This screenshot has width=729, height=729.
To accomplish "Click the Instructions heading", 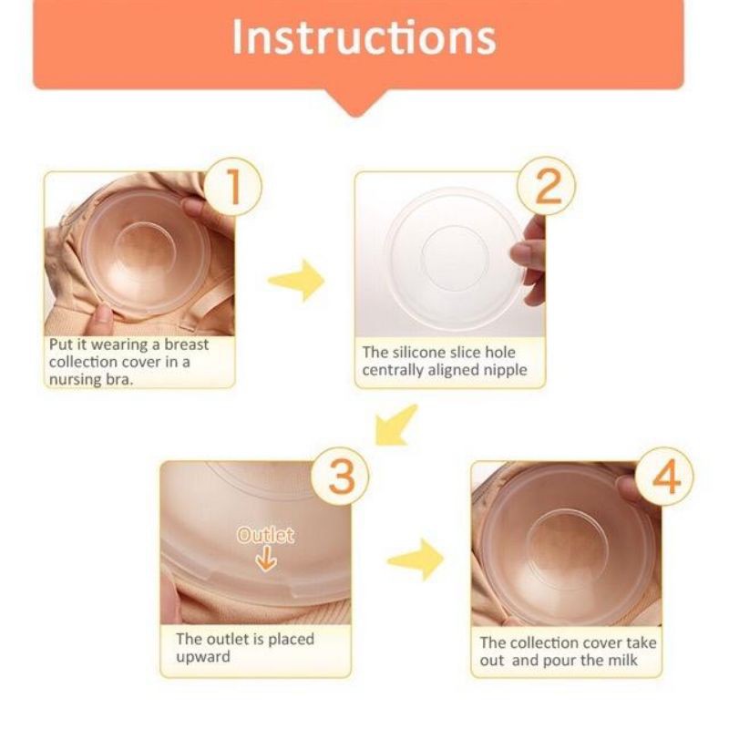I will (364, 37).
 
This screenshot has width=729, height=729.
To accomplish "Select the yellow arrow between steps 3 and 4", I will (416, 559).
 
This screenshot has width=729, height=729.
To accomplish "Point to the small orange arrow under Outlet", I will (265, 560).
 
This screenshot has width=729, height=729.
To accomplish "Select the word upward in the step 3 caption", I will (204, 656).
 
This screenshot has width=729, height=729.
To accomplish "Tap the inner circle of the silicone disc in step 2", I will (455, 257).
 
